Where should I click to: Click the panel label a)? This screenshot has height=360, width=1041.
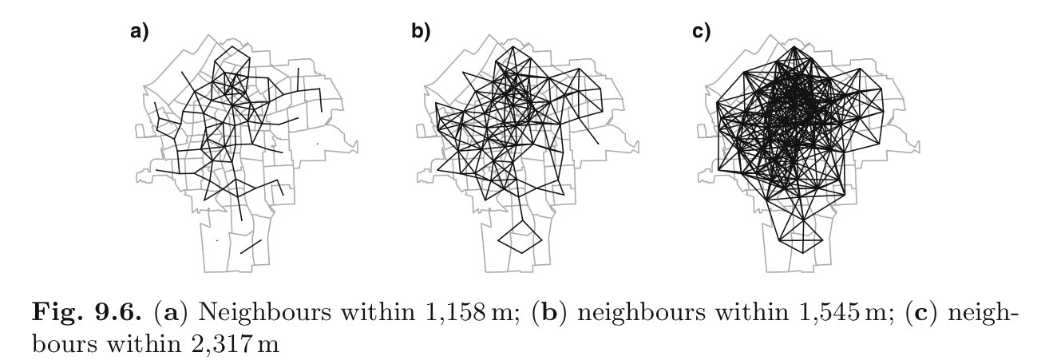[140, 32]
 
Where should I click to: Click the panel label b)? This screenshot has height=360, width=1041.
[421, 32]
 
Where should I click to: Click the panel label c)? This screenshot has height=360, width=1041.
[702, 32]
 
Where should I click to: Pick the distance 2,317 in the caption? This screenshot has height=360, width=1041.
[221, 344]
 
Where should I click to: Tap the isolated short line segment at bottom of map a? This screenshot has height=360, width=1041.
[251, 247]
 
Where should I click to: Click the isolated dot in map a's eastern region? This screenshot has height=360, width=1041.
[318, 144]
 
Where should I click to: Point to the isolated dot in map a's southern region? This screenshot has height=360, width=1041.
[217, 240]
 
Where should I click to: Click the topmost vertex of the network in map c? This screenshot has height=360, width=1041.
[794, 46]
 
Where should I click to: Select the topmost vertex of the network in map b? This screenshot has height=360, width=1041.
[513, 46]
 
